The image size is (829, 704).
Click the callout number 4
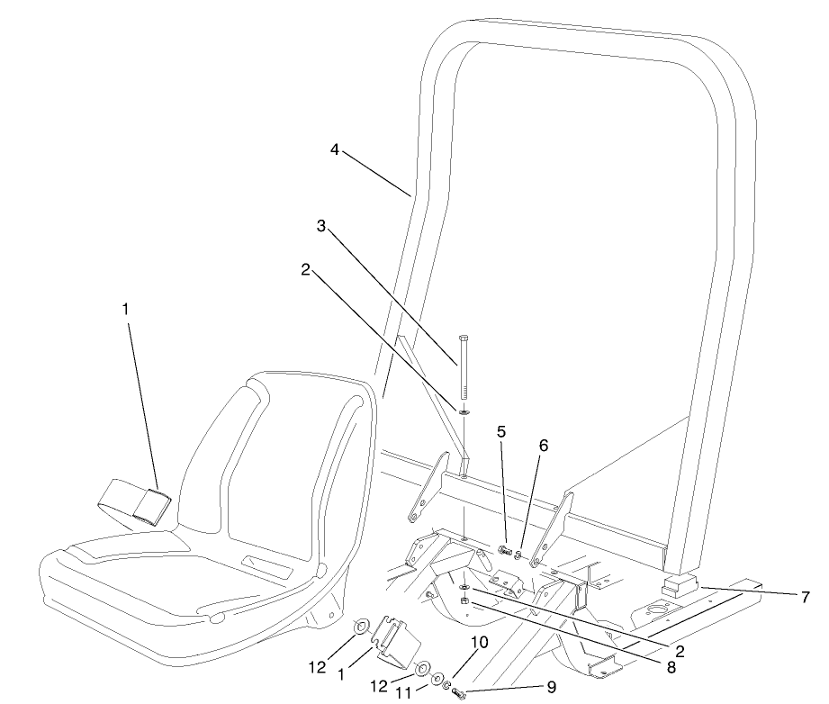tap(334, 150)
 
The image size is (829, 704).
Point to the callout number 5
tap(501, 430)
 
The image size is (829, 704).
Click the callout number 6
tap(544, 445)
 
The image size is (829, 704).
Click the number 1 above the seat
tap(126, 308)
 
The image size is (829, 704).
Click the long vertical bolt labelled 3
tap(463, 366)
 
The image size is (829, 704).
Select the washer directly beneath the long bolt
tap(463, 411)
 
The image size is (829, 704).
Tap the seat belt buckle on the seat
tap(146, 508)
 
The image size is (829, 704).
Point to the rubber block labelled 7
tap(681, 586)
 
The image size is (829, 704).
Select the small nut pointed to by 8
tap(464, 600)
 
